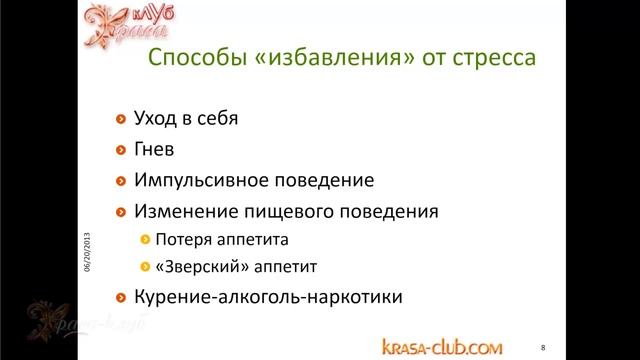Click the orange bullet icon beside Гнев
click(122, 150)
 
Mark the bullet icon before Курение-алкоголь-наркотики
click(122, 298)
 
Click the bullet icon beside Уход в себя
click(122, 119)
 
